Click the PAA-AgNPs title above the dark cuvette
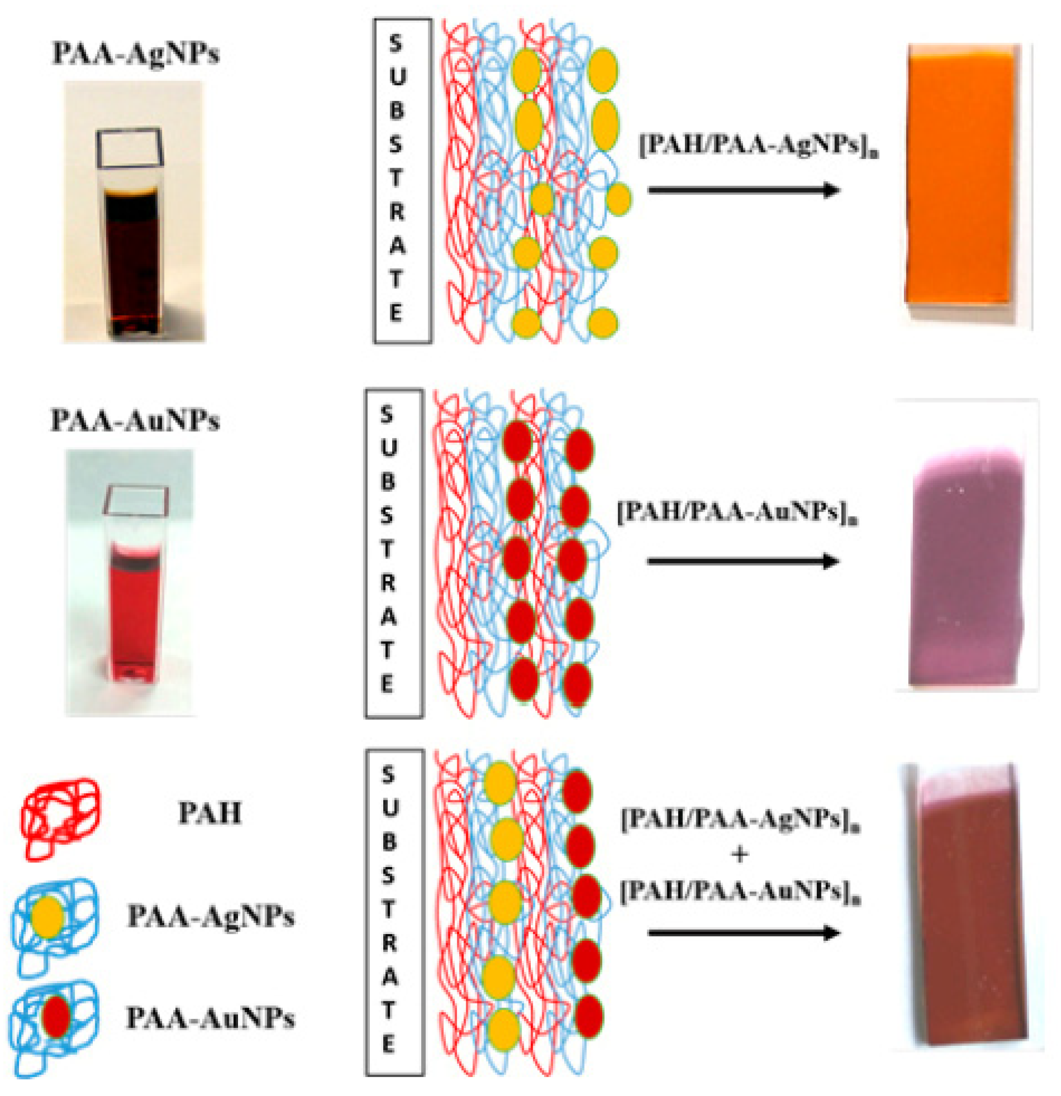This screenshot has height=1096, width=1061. tap(135, 54)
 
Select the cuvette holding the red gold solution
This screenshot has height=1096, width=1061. tap(132, 604)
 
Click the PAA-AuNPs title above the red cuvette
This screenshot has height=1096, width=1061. tap(135, 420)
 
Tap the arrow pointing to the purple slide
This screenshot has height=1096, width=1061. tap(744, 561)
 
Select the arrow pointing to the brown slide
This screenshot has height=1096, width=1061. tap(744, 933)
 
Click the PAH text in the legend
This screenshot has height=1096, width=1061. tap(209, 814)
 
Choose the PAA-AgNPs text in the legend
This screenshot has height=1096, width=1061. tap(211, 917)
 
